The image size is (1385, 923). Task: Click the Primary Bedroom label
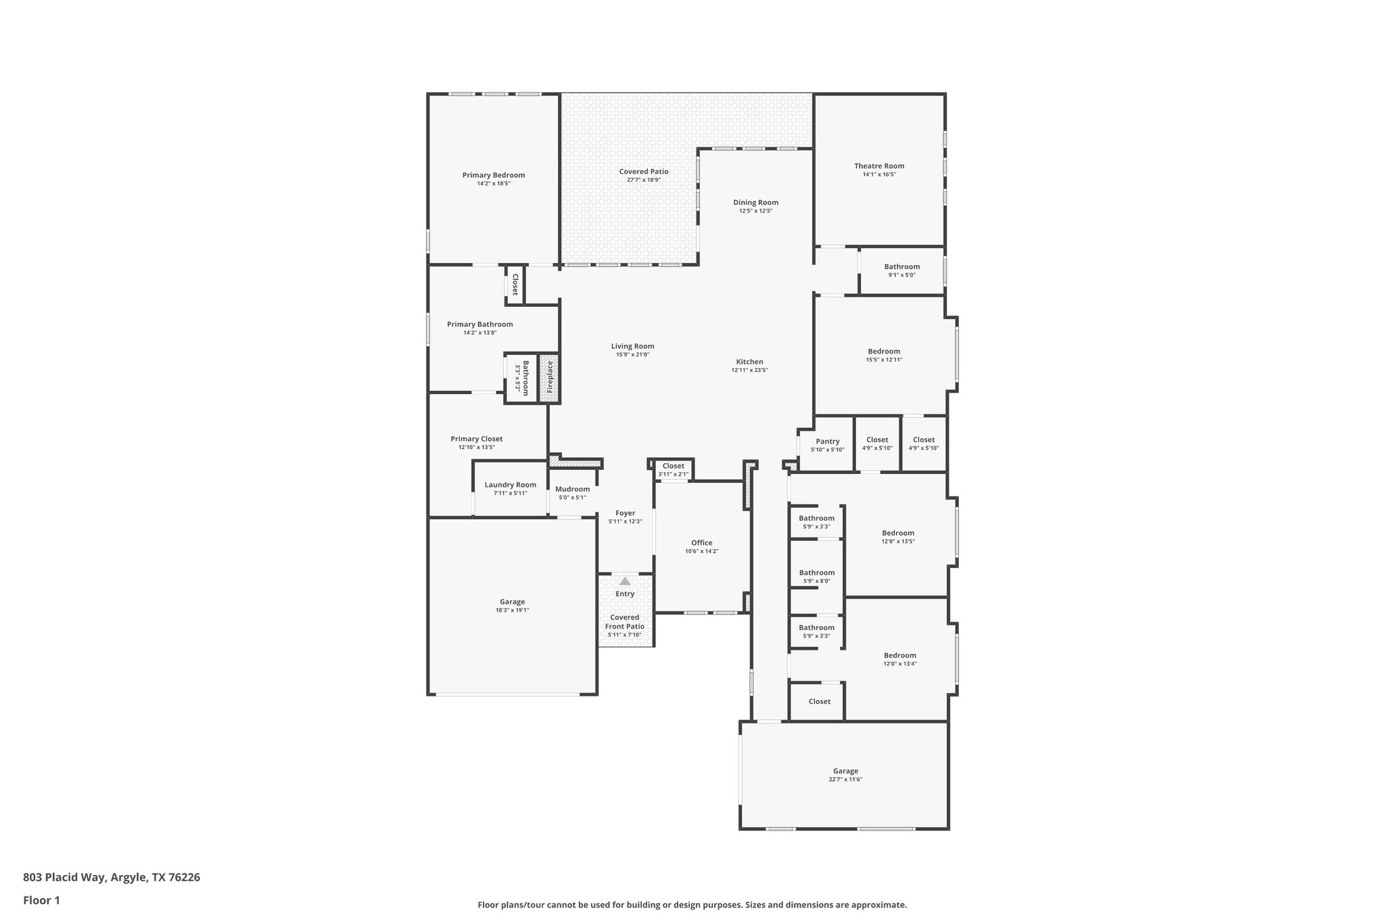pos(493,175)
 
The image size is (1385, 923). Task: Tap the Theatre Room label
pos(878,166)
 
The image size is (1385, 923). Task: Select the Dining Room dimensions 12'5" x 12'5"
pos(755,211)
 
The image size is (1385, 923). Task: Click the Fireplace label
pos(550,377)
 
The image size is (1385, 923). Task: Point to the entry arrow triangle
pos(625,581)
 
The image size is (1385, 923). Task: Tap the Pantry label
pos(827,442)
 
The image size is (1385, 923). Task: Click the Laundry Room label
pos(510,485)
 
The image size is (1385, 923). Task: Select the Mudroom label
pos(572,489)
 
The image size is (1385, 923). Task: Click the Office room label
pos(701,542)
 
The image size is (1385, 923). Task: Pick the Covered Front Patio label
pos(625,622)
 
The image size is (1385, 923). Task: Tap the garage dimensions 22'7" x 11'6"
pos(845,780)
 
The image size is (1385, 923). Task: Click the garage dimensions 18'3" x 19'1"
pos(512,610)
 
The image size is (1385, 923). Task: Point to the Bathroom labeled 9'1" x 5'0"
pos(901,266)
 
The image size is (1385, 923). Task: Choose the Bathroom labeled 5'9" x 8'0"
pos(816,573)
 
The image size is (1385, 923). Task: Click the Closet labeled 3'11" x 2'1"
pos(673,466)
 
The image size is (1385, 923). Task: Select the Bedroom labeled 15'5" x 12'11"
pos(884,351)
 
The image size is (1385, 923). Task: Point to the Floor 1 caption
pos(41,900)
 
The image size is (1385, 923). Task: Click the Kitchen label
pos(749,362)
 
